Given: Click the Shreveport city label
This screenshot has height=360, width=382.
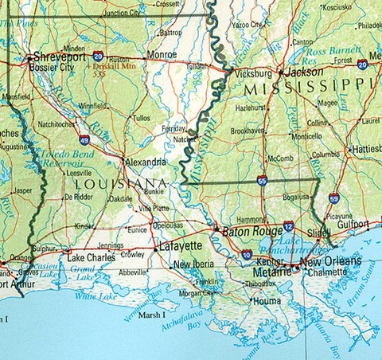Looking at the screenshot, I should tap(60, 58).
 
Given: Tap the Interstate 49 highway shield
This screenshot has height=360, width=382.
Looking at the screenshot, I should tap(84, 139).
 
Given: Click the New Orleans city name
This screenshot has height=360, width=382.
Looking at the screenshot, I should tap(330, 261).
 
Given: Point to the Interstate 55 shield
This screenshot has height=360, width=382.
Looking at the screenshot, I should tap(262, 182).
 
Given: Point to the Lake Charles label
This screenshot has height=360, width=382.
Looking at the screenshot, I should tap(91, 259).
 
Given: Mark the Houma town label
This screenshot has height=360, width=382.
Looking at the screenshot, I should tap(265, 301).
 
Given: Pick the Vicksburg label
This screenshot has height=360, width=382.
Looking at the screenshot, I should tap(255, 72).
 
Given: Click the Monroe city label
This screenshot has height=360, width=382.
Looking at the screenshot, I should tap(162, 55).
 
